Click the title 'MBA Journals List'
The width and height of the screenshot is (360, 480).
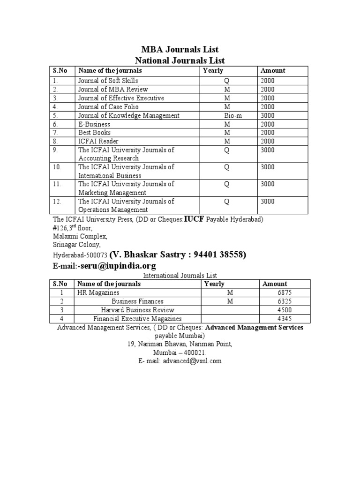pyautogui.click(x=180, y=50)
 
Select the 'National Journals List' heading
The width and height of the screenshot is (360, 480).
pyautogui.click(x=180, y=60)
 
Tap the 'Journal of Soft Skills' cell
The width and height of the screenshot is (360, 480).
pyautogui.click(x=108, y=81)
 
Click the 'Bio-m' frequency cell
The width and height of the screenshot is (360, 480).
pyautogui.click(x=226, y=115)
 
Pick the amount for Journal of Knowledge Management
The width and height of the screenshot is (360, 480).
pyautogui.click(x=268, y=115)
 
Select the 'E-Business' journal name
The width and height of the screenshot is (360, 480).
pyautogui.click(x=94, y=124)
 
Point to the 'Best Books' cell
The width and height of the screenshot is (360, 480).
pyautogui.click(x=94, y=133)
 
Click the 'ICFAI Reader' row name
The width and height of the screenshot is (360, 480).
pyautogui.click(x=98, y=141)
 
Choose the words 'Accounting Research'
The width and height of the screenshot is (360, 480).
pyautogui.click(x=109, y=158)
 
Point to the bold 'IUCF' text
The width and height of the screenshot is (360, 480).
pyautogui.click(x=194, y=219)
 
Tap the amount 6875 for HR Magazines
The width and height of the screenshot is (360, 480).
pyautogui.click(x=285, y=292)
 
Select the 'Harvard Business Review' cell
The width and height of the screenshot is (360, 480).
pyautogui.click(x=137, y=310)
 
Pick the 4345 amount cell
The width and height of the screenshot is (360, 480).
pyautogui.click(x=285, y=319)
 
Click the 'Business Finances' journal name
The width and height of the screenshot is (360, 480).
pyautogui.click(x=137, y=301)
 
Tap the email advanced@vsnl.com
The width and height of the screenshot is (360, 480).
pyautogui.click(x=180, y=361)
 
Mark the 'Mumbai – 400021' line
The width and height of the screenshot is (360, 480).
pyautogui.click(x=180, y=352)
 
